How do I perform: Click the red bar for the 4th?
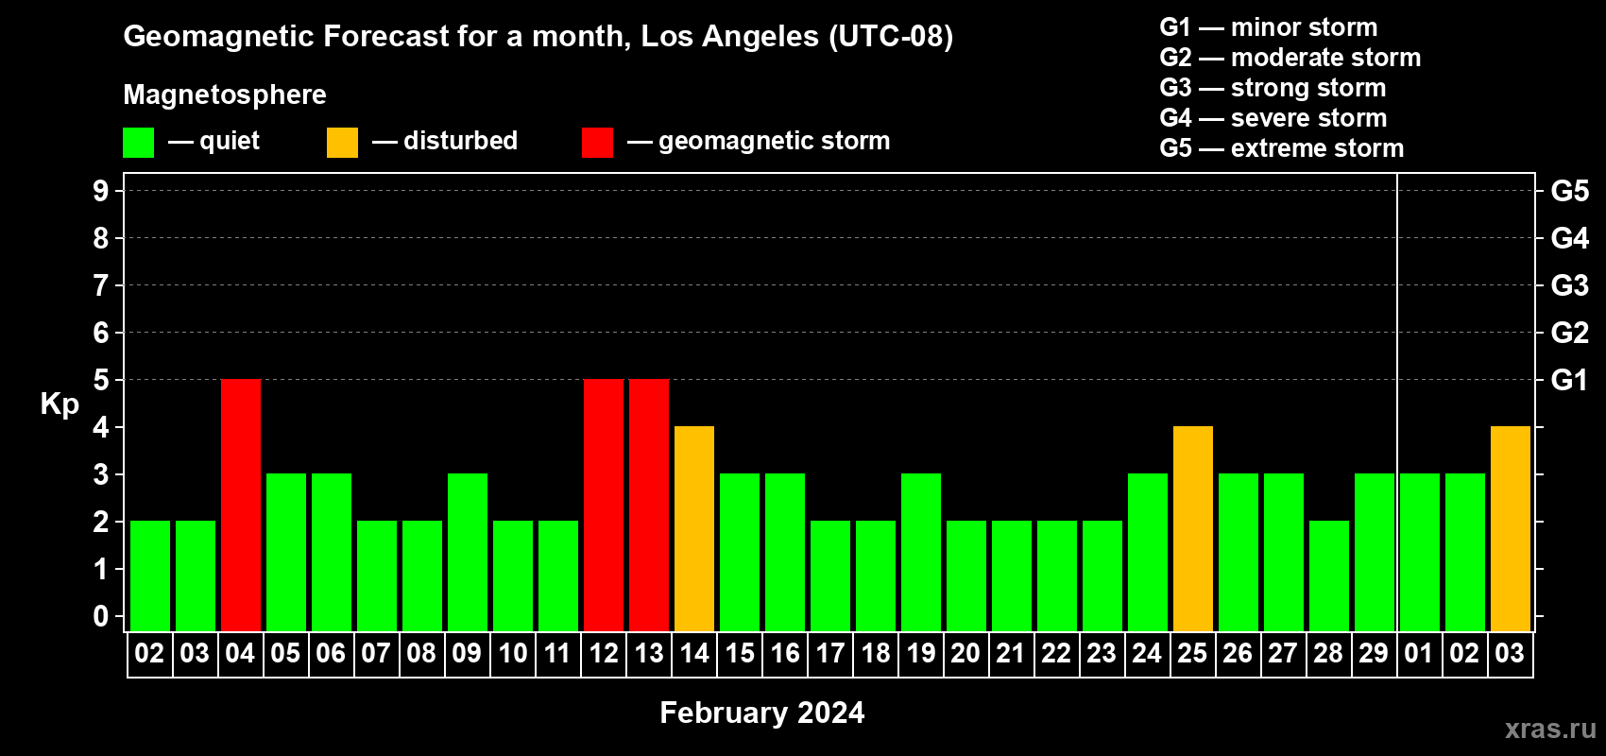241,505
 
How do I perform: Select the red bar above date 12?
604,505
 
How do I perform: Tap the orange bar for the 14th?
694,528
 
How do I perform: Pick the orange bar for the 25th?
1193,528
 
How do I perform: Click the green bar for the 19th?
921,552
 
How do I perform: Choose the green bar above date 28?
1329,576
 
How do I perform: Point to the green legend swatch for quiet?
138,142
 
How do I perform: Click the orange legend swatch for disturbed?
343,142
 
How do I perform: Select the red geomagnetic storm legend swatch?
598,142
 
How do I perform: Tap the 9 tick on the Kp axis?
100,191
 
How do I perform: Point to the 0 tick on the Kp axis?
100,616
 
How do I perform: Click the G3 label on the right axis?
1570,285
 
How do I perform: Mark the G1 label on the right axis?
1570,380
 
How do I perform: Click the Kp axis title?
60,404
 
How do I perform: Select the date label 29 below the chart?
1374,653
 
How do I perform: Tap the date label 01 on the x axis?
1419,653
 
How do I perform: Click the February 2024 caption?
762,713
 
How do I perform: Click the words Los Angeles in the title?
730,37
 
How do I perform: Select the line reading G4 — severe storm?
1273,117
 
